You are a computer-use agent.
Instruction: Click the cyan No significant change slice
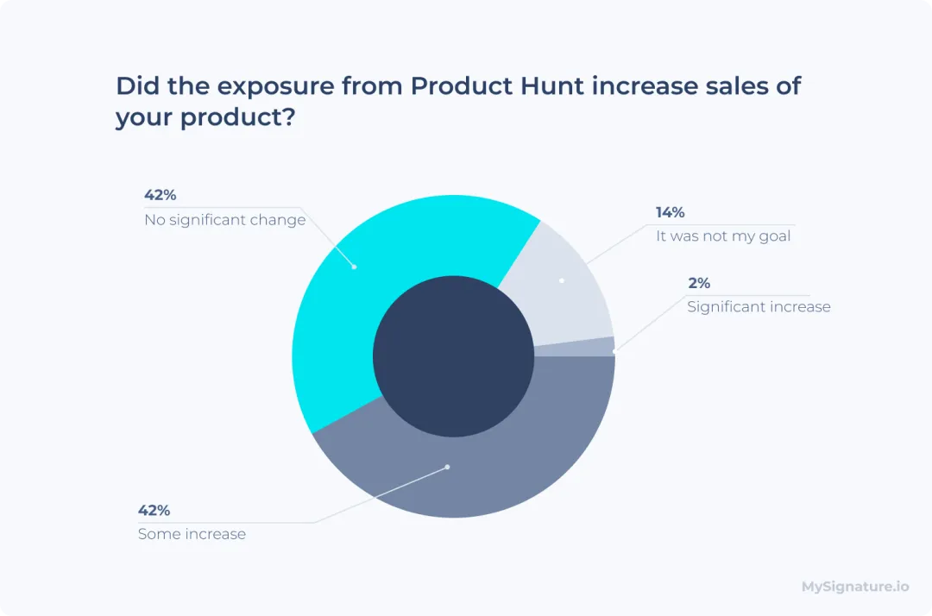[345, 293]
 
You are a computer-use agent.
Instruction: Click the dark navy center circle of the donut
[453, 356]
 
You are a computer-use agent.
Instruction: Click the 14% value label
[671, 212]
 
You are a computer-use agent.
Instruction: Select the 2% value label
[699, 283]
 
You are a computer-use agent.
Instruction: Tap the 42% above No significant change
[160, 195]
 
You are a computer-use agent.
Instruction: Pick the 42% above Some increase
[154, 510]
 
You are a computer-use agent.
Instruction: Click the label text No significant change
[225, 220]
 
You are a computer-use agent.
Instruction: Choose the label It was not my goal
[723, 236]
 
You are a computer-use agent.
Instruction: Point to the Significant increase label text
[759, 306]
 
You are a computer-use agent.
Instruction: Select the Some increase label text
[192, 534]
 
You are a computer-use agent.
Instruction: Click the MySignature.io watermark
[855, 587]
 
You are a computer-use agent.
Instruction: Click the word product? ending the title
[236, 117]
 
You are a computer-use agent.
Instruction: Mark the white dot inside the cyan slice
[354, 267]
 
